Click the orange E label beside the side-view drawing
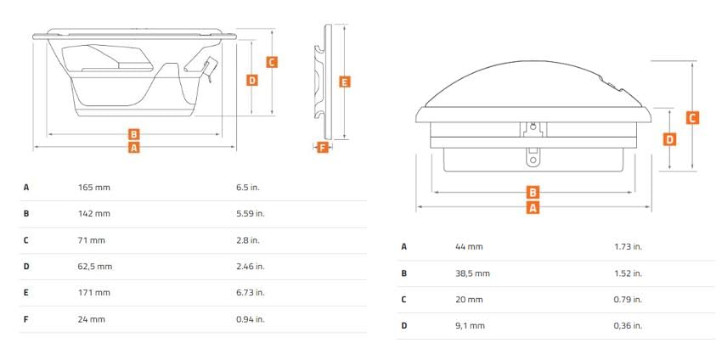(344, 82)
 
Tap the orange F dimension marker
(323, 148)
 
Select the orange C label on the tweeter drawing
(692, 118)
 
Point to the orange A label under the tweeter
(533, 208)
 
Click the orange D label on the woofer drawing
(252, 80)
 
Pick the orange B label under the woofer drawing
(133, 134)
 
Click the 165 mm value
(94, 188)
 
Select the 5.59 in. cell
(251, 214)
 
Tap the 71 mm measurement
(92, 240)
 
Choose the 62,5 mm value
(95, 267)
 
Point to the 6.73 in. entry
(251, 293)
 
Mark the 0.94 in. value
(251, 319)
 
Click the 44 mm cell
(469, 247)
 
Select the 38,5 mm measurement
(472, 273)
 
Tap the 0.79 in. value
(628, 300)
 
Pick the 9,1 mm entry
(470, 326)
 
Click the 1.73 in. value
(628, 247)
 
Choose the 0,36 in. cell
(628, 326)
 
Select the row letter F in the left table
(25, 319)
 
